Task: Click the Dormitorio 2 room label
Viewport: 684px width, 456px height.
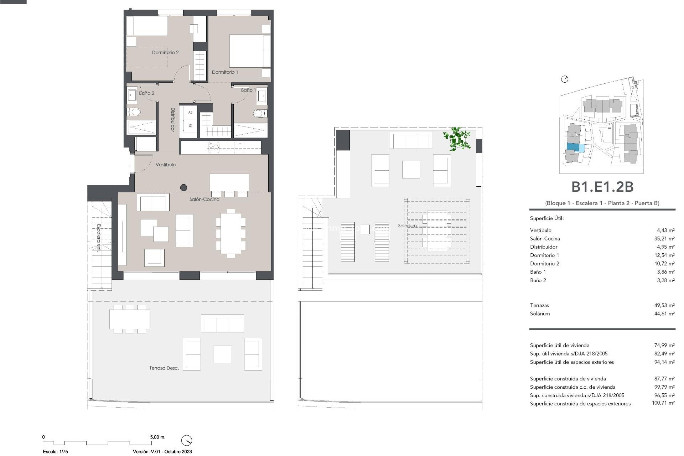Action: tap(165, 52)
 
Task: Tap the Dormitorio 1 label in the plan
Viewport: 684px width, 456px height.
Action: tap(225, 72)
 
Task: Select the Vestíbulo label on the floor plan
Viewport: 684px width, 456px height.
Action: tap(166, 165)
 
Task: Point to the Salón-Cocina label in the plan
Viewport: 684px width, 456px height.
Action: tap(204, 199)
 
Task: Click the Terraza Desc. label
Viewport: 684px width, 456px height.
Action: tap(164, 368)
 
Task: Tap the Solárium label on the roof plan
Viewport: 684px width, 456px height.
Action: tap(407, 226)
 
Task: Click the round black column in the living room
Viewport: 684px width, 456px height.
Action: tap(184, 187)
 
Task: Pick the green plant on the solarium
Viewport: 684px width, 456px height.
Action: tap(457, 139)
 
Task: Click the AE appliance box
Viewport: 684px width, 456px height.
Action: tap(190, 113)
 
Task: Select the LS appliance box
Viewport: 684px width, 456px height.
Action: tap(190, 125)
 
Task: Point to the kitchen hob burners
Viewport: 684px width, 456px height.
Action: tap(214, 147)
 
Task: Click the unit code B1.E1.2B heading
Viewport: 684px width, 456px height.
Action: tap(602, 187)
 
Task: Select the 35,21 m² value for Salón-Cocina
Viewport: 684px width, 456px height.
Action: tap(664, 239)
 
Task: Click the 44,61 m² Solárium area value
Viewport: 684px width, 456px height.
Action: tap(664, 314)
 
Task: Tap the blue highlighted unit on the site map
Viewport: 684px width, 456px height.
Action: tap(573, 147)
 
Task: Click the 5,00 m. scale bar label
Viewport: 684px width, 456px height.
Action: tap(157, 437)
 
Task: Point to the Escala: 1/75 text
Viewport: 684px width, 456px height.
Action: tap(55, 452)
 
